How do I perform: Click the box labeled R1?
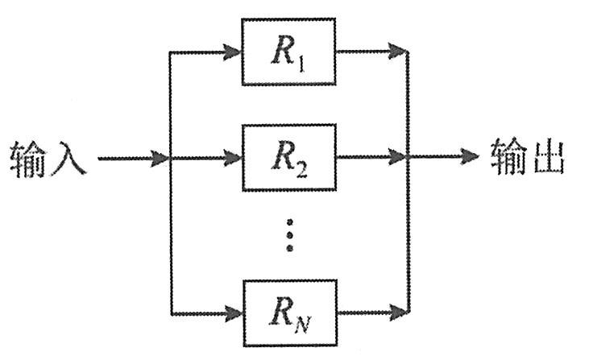(288, 52)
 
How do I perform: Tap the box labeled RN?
(288, 310)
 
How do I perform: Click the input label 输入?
(48, 159)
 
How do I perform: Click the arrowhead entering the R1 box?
(234, 53)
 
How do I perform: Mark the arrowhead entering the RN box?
(234, 311)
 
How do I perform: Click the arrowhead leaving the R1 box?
(399, 53)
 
